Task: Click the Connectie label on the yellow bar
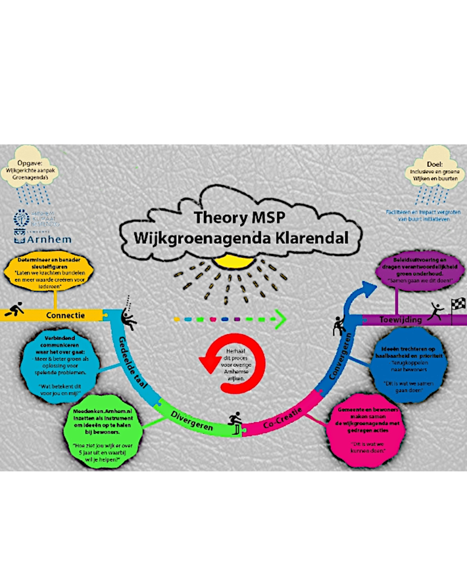(x=65, y=315)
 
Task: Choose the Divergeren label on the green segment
(x=190, y=416)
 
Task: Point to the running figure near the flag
(x=435, y=312)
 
